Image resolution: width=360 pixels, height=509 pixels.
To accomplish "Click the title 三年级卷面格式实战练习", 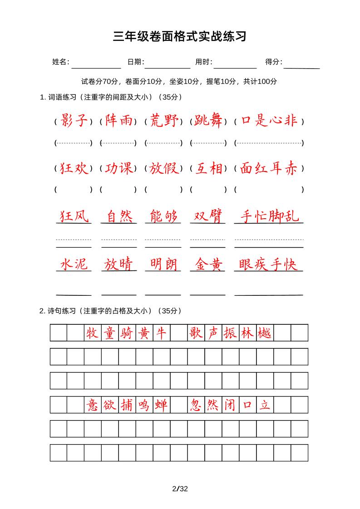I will [180, 37].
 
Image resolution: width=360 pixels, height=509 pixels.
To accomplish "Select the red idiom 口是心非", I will [269, 121].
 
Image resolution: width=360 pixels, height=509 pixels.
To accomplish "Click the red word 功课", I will [118, 168].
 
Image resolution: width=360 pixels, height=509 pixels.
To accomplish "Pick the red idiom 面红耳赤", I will [269, 168].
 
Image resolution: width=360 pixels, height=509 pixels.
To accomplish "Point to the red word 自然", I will [119, 216].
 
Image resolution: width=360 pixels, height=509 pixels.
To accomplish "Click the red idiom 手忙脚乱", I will [269, 216].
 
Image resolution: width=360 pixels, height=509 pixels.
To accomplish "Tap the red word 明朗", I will [163, 264].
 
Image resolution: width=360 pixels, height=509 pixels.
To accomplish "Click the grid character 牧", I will [93, 333].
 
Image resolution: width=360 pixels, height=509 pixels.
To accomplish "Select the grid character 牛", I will [162, 333].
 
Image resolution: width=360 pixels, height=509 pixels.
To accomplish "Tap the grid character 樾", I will [265, 333].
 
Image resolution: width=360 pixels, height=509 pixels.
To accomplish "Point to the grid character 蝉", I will [162, 405].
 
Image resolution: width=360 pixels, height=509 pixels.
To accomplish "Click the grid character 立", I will [265, 405].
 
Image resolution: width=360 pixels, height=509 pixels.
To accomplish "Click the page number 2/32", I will [180, 489].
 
